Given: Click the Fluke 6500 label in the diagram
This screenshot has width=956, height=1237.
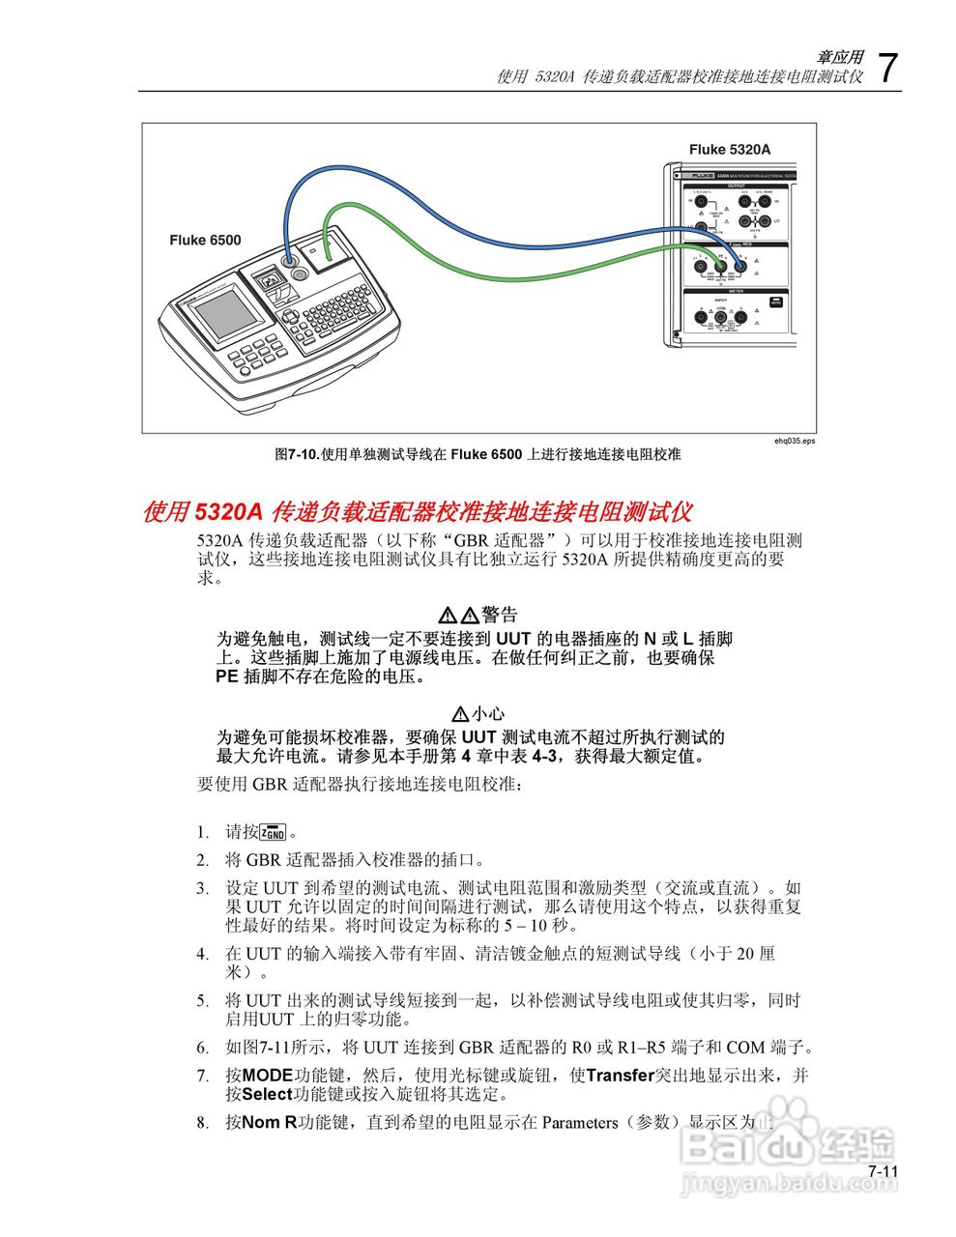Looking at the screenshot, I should click(205, 240).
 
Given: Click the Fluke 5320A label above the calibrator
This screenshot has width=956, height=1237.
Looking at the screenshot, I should click(730, 149).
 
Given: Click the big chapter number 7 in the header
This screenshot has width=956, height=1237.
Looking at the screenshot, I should click(887, 69).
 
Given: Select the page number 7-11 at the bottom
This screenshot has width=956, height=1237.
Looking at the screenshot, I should click(883, 1171).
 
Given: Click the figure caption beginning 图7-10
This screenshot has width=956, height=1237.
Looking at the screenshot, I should click(478, 454).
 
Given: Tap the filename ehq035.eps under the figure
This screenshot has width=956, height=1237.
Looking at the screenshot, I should click(795, 441).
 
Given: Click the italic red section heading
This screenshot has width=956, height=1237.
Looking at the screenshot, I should click(417, 511).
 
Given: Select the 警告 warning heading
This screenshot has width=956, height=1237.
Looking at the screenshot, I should click(499, 615).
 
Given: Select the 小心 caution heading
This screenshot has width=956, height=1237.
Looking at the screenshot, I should click(488, 713).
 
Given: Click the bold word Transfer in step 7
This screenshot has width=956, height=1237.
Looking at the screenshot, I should click(621, 1075).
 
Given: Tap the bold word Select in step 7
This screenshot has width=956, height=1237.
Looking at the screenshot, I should click(267, 1094).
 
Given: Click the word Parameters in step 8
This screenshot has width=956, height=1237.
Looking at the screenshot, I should click(580, 1122).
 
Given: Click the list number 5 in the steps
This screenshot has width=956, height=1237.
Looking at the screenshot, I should click(202, 1000).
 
